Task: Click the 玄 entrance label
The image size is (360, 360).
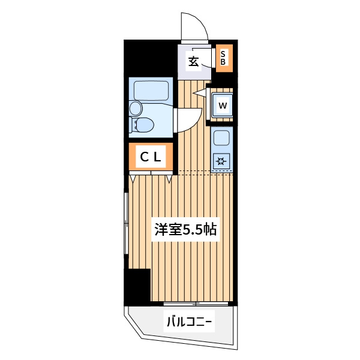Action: point(193,61)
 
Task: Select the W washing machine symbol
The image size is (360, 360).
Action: point(223,106)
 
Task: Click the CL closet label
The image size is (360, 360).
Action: point(151,157)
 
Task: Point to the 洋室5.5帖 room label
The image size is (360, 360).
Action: point(185,229)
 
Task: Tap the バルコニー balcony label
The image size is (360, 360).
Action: point(189,322)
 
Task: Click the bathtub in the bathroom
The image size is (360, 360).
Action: point(151,91)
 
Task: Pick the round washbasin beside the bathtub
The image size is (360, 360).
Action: point(135,109)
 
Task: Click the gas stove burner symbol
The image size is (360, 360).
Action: point(221,161)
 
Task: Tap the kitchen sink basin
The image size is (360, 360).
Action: point(221,138)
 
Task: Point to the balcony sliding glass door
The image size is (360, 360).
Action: point(196,304)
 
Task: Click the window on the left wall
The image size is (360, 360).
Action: point(126,223)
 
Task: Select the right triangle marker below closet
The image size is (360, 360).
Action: point(169,179)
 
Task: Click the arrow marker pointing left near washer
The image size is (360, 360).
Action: point(200,92)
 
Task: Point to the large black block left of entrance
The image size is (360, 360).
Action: point(151,58)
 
